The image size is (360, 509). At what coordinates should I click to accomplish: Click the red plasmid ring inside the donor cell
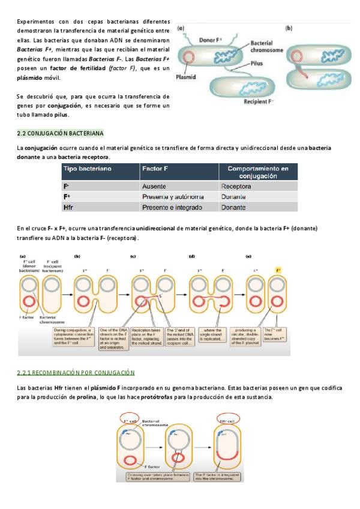188,58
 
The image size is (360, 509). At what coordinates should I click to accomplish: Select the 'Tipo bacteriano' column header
87,169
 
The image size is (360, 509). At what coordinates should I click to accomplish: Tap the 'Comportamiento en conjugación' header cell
258,173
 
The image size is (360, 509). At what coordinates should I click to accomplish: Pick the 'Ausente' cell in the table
154,187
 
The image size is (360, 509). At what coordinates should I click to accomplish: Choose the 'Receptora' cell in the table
236,187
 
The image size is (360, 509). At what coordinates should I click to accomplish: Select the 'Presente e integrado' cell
172,208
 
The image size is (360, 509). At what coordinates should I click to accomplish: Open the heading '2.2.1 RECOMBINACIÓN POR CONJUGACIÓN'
76,373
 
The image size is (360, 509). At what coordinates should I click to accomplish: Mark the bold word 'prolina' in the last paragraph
87,397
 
